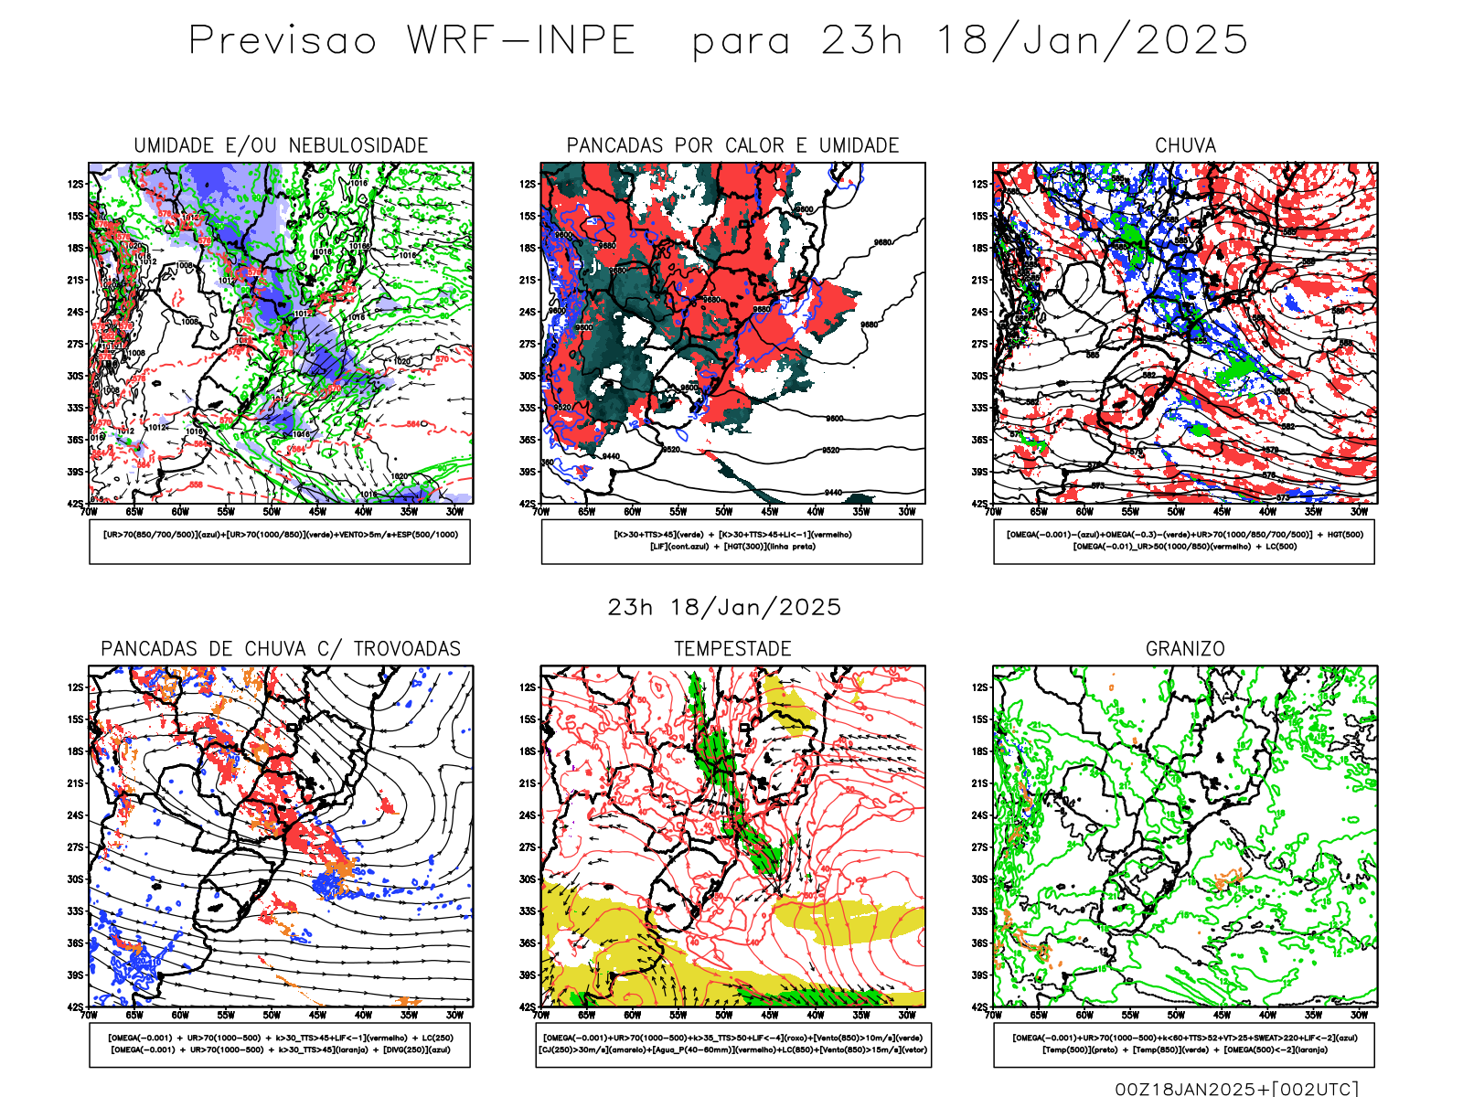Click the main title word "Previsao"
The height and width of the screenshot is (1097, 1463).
click(283, 41)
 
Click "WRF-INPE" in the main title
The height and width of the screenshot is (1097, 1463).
click(521, 41)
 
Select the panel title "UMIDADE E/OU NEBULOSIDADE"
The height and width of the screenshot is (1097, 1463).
click(281, 145)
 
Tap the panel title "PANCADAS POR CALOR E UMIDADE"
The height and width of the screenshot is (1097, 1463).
click(732, 145)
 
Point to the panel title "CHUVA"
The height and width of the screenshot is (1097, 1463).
click(1185, 145)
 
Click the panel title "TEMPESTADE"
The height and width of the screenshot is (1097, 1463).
click(732, 649)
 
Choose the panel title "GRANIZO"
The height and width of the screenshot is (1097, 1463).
click(1185, 649)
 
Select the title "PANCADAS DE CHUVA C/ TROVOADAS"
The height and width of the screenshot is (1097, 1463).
click(281, 649)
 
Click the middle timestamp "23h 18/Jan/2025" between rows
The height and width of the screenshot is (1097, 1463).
click(724, 607)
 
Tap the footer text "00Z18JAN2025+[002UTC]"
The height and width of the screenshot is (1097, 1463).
click(1236, 1089)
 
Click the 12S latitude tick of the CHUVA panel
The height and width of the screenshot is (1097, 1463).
click(980, 185)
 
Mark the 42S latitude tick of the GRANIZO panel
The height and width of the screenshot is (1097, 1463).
click(980, 1006)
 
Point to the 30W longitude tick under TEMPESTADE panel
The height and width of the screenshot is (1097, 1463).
click(906, 1015)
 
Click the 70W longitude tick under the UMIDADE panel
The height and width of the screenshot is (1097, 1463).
click(89, 512)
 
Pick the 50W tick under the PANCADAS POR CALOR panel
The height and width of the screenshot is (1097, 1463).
click(724, 512)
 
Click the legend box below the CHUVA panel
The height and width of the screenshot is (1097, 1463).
click(1184, 541)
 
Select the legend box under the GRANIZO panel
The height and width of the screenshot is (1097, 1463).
click(1184, 1044)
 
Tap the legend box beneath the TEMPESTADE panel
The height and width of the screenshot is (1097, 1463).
click(732, 1044)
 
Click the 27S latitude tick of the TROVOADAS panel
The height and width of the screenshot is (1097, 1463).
click(75, 847)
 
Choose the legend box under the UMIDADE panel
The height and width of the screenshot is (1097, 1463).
click(280, 541)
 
